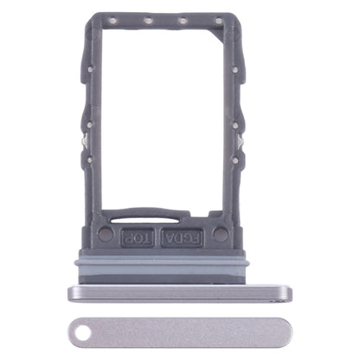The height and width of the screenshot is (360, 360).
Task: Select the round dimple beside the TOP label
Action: click(106, 234)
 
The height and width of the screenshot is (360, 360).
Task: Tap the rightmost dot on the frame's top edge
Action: click(218, 21)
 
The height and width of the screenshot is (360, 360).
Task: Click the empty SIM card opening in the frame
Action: click(160, 121)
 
